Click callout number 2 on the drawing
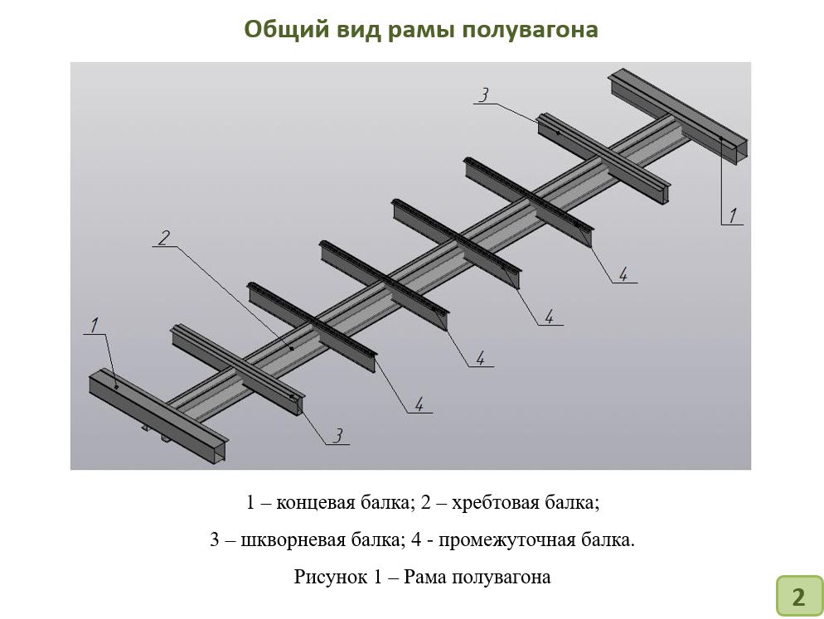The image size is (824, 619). click(x=164, y=238)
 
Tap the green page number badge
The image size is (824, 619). click(x=799, y=596)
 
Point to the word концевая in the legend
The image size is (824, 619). click(x=315, y=503)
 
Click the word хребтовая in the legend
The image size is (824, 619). click(x=493, y=503)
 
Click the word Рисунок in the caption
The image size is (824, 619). click(x=331, y=577)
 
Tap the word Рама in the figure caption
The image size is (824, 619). click(x=425, y=577)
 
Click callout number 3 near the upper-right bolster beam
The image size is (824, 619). click(x=484, y=95)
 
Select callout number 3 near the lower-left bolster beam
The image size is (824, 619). click(x=338, y=435)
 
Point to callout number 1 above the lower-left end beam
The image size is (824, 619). click(x=95, y=326)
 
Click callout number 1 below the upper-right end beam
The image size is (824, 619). click(x=733, y=215)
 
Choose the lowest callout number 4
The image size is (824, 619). click(x=419, y=404)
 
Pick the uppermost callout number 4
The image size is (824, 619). click(x=623, y=273)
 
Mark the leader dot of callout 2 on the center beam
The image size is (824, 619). click(x=292, y=348)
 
